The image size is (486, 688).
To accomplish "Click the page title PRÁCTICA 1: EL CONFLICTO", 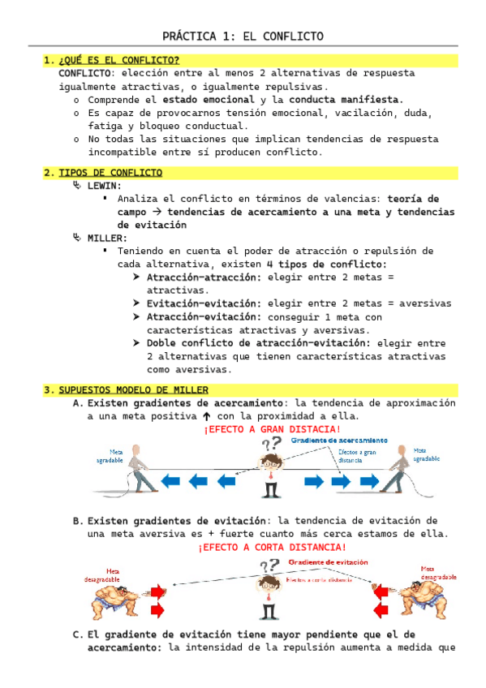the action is click(x=243, y=37).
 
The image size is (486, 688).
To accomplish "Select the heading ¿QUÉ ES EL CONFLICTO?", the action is click(x=118, y=60).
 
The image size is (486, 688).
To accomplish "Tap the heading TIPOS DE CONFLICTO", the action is click(x=110, y=173).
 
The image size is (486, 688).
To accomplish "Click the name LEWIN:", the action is click(x=105, y=186).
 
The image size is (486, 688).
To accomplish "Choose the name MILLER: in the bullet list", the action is click(x=108, y=238).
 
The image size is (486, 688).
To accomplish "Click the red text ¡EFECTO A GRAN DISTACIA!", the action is click(x=272, y=428).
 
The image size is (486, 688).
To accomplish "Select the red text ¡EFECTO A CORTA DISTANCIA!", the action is click(x=271, y=548).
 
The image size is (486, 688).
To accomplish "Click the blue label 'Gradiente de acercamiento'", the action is click(x=339, y=440).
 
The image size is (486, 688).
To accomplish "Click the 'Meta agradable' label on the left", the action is click(x=110, y=455).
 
